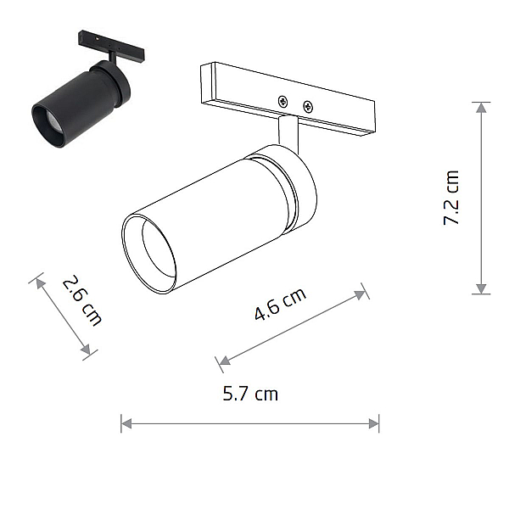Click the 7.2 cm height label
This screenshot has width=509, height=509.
pyautogui.click(x=451, y=198)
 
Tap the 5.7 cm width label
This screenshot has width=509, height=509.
pyautogui.click(x=250, y=394)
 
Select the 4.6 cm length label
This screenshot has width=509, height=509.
pyautogui.click(x=280, y=304)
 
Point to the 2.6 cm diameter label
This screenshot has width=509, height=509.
pyautogui.click(x=82, y=300)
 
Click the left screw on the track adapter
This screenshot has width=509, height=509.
pyautogui.click(x=283, y=102)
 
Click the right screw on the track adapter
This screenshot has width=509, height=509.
pyautogui.click(x=307, y=107)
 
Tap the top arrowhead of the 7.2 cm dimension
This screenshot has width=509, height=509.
pyautogui.click(x=481, y=108)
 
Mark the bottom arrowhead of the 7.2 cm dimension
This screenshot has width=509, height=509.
pyautogui.click(x=481, y=288)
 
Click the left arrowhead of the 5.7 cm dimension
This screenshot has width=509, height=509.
pyautogui.click(x=126, y=423)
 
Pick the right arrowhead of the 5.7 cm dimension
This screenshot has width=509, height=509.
pyautogui.click(x=374, y=423)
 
